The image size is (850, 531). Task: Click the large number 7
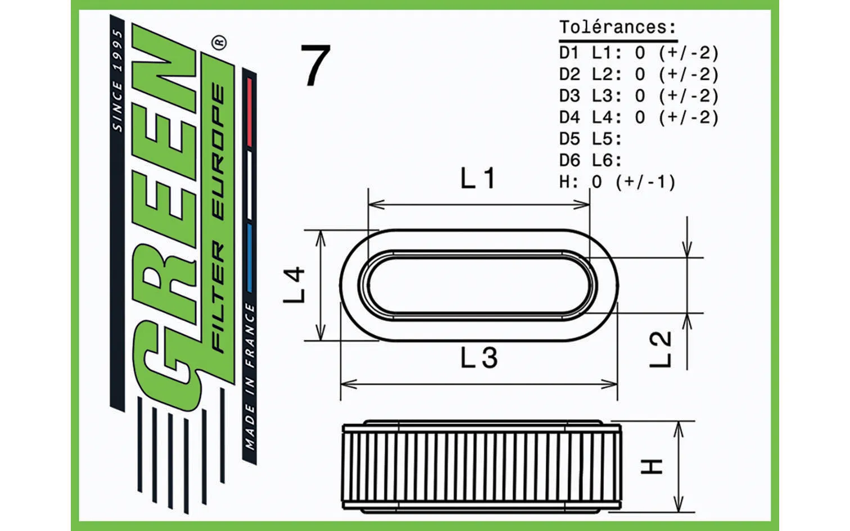(316, 65)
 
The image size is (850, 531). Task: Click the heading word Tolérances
(618, 27)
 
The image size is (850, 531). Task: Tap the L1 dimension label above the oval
(478, 178)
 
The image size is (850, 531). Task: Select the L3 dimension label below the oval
(479, 358)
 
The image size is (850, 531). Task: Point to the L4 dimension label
(294, 285)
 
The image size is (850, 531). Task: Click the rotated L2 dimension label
(661, 350)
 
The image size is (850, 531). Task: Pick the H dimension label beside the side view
(652, 466)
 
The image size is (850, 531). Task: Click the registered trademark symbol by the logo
(220, 42)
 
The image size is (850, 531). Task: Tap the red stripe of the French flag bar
(250, 112)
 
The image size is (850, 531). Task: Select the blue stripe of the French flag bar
(249, 258)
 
